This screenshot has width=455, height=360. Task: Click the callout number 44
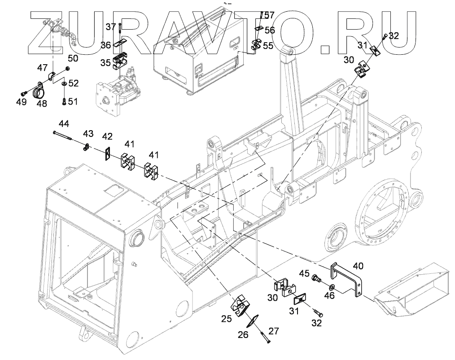point(65,123)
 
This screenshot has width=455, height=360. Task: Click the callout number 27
point(274,331)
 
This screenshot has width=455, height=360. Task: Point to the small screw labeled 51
point(64,101)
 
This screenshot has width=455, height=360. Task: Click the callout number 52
point(74,83)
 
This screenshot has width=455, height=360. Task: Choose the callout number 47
point(42,68)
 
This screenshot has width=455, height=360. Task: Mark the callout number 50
point(73,58)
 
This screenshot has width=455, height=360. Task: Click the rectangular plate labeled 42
point(108,154)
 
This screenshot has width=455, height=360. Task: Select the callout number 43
point(88,134)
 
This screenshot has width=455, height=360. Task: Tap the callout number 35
point(105,62)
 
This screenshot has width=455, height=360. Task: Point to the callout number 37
point(111,27)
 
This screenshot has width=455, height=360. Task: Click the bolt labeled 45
point(317,280)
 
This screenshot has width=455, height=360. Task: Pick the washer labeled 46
point(331,287)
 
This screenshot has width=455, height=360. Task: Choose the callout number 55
point(268,45)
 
